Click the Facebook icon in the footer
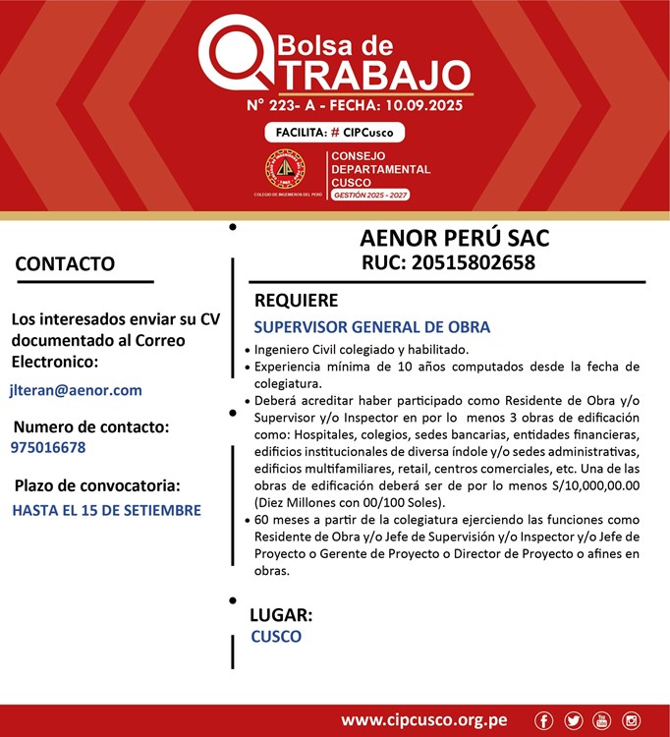coord(544,720)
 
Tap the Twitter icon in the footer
coord(574,720)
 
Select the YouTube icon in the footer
coord(602,720)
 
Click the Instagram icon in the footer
coord(632,720)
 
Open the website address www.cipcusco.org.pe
coord(424,720)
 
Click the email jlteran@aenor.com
coord(76,390)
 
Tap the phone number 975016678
coord(48,447)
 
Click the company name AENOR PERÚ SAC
coord(454,239)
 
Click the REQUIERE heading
coord(296,301)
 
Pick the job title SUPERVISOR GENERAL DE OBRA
coord(371,327)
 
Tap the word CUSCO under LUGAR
coord(276,637)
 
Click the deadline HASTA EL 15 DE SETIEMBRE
coord(106,510)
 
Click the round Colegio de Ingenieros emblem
coord(286,170)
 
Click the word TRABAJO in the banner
coord(370,75)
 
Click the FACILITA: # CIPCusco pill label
coord(334,133)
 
